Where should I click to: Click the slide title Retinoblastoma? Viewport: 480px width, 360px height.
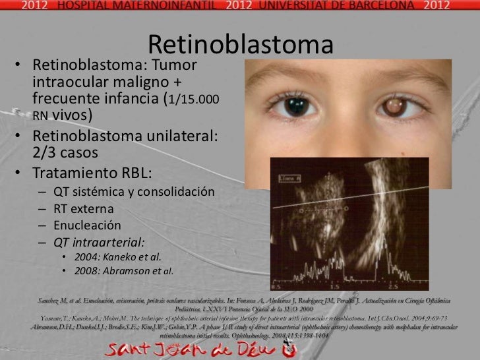coord(241,45)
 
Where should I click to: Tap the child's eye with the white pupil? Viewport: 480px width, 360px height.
coord(396,105)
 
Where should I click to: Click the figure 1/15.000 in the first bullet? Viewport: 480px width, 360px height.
coord(194,100)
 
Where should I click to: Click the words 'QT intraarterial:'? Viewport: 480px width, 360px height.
coord(99,241)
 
